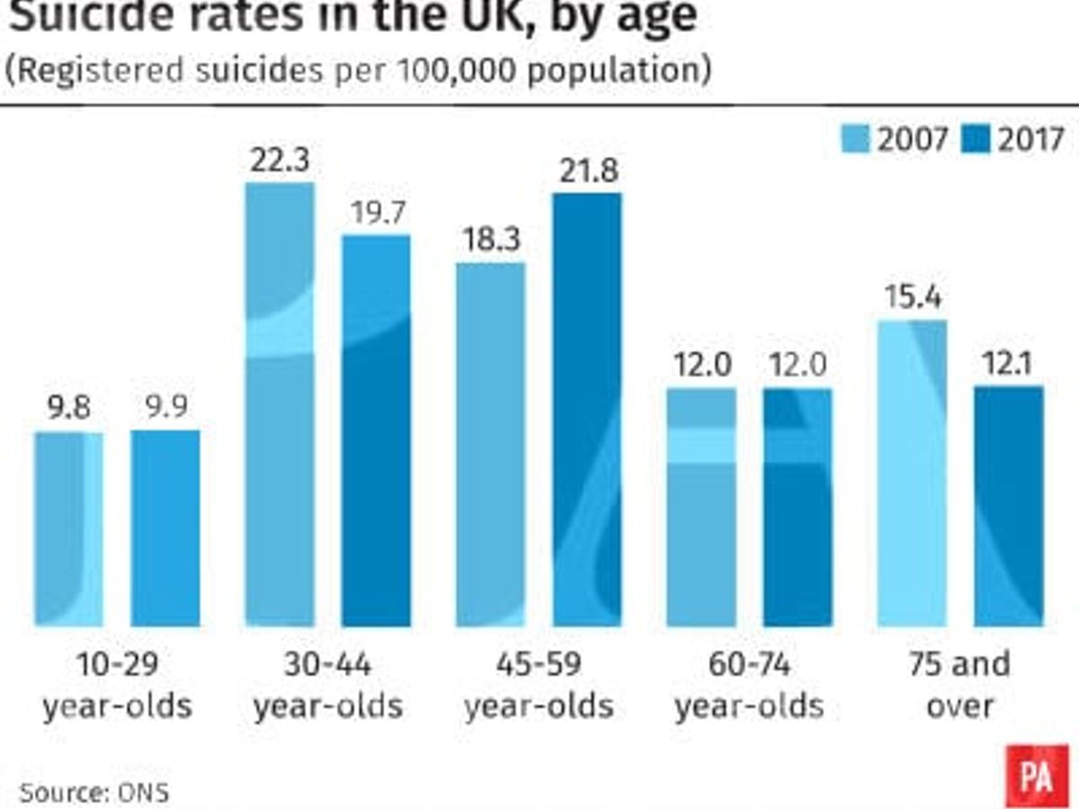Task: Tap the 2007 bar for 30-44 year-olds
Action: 280,404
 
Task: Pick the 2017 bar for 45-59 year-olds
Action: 587,410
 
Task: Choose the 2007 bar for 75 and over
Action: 912,473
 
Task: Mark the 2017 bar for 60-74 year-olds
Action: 798,507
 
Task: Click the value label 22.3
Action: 280,162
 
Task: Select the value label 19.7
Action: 376,214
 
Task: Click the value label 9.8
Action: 69,410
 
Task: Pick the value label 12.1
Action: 1008,365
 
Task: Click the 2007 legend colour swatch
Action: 855,139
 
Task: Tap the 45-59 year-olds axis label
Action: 539,685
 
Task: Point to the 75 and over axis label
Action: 959,685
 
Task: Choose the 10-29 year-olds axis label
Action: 117,685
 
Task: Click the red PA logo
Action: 1037,776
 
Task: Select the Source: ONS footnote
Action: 94,793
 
